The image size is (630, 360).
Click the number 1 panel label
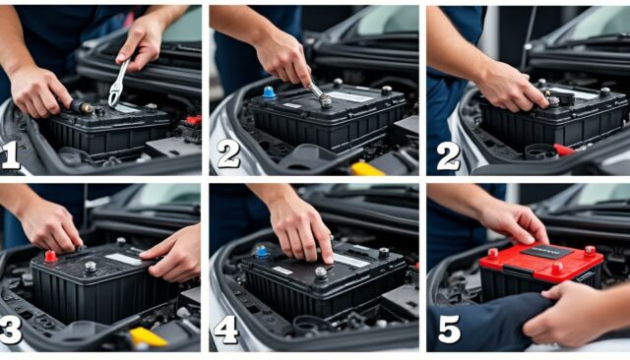tap(12, 154)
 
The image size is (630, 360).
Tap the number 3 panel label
tap(12, 330)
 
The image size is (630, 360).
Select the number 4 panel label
tap(225, 330)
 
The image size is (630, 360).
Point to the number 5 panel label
tap(449, 330)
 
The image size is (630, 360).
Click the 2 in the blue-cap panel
tap(227, 154)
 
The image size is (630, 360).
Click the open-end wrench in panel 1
tap(118, 83)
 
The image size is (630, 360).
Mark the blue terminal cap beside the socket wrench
tap(269, 91)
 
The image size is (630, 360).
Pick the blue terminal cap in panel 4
tap(262, 251)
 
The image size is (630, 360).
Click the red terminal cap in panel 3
tap(50, 257)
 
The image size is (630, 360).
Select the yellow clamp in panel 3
tap(147, 337)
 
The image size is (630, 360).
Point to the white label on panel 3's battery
tap(124, 260)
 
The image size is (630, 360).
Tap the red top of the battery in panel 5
tap(541, 261)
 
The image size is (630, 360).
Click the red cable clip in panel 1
tap(193, 121)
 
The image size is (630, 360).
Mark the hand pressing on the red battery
tap(516, 221)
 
